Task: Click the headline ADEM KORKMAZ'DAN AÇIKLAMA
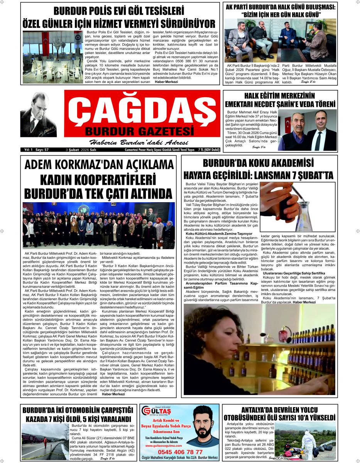[x=99, y=165]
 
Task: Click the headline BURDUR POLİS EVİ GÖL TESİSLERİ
[x=119, y=10]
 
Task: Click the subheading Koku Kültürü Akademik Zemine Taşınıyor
[x=219, y=234]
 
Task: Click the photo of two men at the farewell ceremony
[x=307, y=130]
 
